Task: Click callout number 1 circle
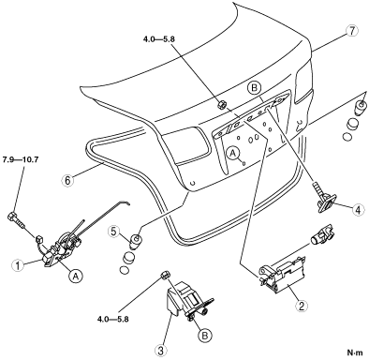click(x=18, y=265)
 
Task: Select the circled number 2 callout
click(x=302, y=306)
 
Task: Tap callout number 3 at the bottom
click(x=160, y=351)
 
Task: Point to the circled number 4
click(x=358, y=210)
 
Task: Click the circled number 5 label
click(x=114, y=232)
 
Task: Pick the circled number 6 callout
click(x=67, y=180)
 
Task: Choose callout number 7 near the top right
click(x=352, y=31)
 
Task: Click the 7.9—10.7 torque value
click(x=21, y=159)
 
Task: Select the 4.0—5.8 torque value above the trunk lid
click(x=159, y=39)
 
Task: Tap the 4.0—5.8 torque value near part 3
click(x=113, y=320)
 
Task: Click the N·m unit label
click(x=356, y=352)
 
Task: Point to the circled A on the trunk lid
click(x=233, y=153)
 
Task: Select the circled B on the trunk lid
click(x=254, y=88)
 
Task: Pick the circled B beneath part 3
click(x=204, y=336)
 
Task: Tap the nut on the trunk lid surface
click(x=221, y=104)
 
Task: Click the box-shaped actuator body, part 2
click(x=283, y=273)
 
